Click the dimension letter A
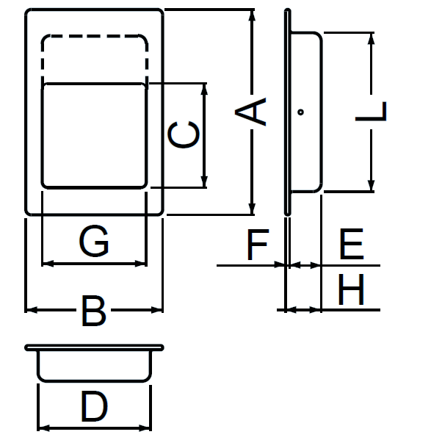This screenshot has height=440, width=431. [250, 112]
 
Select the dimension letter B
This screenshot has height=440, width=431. [94, 311]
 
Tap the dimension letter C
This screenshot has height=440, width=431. [184, 134]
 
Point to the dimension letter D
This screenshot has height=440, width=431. [94, 406]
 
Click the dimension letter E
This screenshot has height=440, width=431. [352, 244]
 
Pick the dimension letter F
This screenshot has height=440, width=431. [258, 245]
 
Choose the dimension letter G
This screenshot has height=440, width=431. [94, 241]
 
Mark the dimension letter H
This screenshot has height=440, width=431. [351, 289]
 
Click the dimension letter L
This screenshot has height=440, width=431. [371, 112]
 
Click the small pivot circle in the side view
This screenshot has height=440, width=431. [300, 112]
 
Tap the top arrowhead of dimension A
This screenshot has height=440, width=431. [252, 15]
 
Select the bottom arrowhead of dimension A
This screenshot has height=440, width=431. [252, 209]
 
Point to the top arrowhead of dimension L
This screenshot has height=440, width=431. [371, 39]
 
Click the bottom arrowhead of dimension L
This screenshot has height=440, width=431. [371, 186]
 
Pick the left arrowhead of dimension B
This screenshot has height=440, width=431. [31, 310]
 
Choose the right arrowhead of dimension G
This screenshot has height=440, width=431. [141, 264]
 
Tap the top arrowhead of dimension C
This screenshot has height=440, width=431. [204, 90]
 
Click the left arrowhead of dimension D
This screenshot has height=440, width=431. [44, 428]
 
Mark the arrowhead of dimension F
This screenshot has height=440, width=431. [280, 264]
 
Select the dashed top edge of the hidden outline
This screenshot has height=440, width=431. [94, 36]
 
